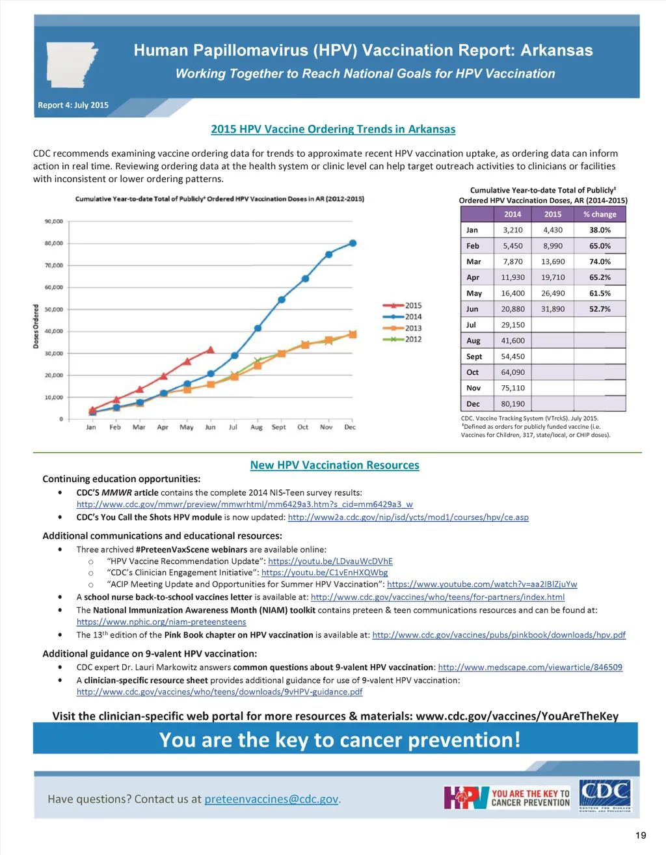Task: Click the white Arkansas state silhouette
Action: click(x=71, y=64)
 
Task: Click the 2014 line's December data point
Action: click(x=353, y=243)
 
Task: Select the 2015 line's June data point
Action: click(x=210, y=349)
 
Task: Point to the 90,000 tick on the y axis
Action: click(x=54, y=221)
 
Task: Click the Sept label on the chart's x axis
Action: click(x=278, y=428)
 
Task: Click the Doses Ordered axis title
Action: click(x=36, y=326)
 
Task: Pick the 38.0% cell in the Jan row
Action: click(x=600, y=230)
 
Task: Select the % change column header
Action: click(x=600, y=214)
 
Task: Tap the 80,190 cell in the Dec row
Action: click(x=513, y=404)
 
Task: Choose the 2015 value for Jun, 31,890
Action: click(x=553, y=309)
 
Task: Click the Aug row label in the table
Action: click(x=473, y=341)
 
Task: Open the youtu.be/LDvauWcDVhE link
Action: click(x=330, y=561)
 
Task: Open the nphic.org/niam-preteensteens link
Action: click(x=161, y=622)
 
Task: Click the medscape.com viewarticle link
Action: click(x=530, y=667)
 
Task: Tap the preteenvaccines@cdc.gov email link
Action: click(x=272, y=799)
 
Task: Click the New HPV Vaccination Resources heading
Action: click(x=334, y=465)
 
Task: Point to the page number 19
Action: click(x=641, y=835)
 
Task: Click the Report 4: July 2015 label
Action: click(x=73, y=105)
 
